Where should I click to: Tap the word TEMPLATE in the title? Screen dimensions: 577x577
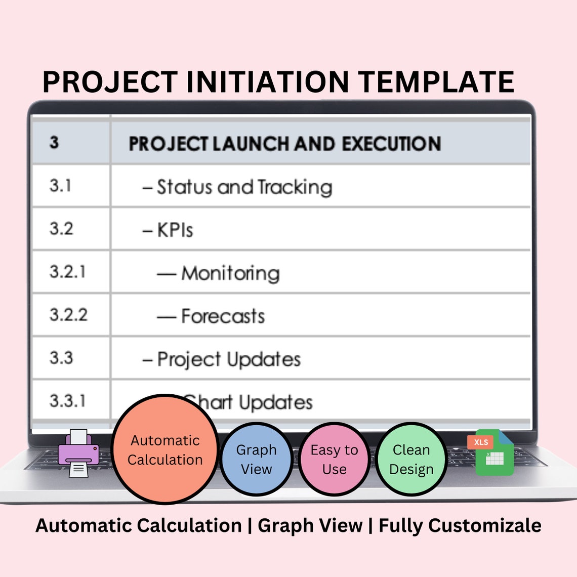436,82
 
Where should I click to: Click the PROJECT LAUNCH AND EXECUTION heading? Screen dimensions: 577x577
284,144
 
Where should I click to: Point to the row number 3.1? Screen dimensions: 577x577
60,186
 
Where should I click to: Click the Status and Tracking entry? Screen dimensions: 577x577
238,187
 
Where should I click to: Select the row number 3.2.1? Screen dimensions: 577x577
67,272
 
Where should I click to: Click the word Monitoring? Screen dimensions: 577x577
230,273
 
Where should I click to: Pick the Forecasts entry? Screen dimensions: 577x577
223,316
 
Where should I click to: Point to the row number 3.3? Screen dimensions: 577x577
61,358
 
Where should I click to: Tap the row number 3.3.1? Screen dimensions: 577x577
67,401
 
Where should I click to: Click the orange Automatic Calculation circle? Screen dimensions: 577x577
165,449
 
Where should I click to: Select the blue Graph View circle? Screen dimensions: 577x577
257,459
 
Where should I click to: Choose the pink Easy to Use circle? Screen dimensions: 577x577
334,459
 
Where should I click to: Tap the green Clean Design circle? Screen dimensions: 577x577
411,459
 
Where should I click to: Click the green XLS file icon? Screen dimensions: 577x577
492,453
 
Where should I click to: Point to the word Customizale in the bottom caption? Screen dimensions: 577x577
485,525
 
